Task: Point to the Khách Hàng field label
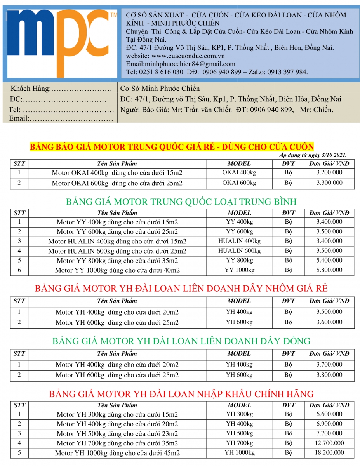(31, 89)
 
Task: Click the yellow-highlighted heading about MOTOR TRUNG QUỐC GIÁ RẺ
(172, 147)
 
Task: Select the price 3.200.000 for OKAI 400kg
(329, 172)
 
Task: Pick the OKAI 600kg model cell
(239, 183)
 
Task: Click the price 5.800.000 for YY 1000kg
(329, 270)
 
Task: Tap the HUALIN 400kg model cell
(239, 241)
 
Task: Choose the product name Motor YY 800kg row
(117, 261)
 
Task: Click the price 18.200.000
(329, 452)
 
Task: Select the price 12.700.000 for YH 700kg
(329, 443)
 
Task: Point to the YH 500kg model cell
(239, 433)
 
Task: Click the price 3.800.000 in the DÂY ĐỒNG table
(329, 375)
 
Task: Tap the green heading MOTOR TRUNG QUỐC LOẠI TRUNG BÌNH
(181, 202)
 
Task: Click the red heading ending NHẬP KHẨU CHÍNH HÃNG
(181, 394)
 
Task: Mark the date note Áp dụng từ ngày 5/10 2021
(313, 155)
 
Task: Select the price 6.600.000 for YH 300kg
(329, 414)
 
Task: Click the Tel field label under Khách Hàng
(15, 110)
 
